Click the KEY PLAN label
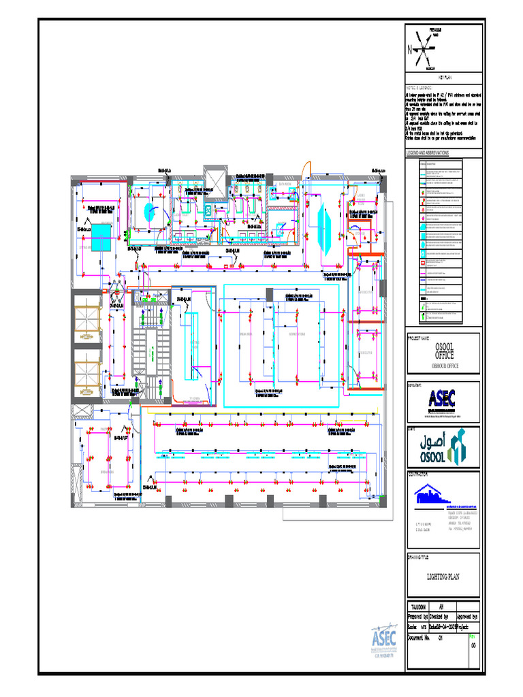(x=444, y=78)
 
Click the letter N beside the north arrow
(x=410, y=49)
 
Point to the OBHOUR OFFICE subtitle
(x=444, y=366)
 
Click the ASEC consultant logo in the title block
(x=441, y=400)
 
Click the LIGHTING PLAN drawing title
(x=443, y=577)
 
